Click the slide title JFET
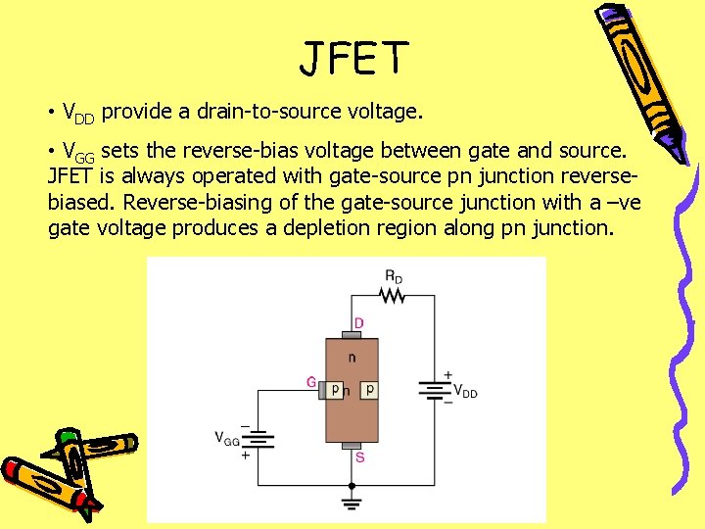point(352,59)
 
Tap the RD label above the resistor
point(393,278)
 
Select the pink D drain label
point(359,322)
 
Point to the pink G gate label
point(311,382)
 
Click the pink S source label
point(360,457)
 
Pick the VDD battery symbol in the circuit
point(435,391)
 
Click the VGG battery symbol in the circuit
point(258,442)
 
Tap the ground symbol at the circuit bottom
point(351,504)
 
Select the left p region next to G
point(335,389)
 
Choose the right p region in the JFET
point(368,389)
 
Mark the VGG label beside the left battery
point(227,439)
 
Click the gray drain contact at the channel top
point(351,334)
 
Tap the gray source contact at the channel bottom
point(351,446)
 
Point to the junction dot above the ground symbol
point(351,484)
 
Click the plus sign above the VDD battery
point(448,375)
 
